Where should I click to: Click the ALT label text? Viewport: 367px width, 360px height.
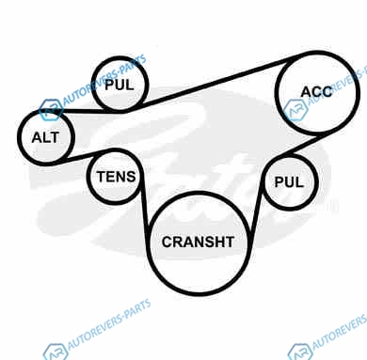(x=45, y=137)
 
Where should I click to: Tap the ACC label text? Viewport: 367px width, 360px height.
(x=316, y=92)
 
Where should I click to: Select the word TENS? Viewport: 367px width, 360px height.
(x=116, y=177)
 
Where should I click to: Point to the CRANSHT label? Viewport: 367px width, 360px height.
(x=198, y=242)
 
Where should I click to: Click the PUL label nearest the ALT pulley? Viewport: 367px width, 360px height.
(x=120, y=85)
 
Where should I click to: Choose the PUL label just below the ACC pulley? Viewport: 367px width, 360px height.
(x=289, y=182)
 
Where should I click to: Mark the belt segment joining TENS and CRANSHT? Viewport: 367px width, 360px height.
(x=145, y=204)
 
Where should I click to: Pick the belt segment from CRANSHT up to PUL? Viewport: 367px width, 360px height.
(x=256, y=205)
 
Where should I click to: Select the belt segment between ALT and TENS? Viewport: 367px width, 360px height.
(x=82, y=156)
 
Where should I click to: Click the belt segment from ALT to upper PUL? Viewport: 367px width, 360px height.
(x=88, y=111)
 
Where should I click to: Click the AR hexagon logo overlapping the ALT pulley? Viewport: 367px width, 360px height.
(x=51, y=110)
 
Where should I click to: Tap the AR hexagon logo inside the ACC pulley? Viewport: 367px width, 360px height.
(x=295, y=110)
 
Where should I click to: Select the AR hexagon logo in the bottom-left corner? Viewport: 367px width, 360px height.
(x=56, y=352)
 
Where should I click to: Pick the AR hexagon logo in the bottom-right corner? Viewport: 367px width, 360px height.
(x=300, y=352)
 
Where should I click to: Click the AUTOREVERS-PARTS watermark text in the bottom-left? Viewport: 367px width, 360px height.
(x=109, y=324)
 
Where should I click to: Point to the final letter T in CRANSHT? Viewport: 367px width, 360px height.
(x=229, y=242)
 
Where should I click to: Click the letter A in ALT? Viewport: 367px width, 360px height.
(x=38, y=137)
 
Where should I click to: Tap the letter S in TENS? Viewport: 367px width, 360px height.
(x=130, y=177)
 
